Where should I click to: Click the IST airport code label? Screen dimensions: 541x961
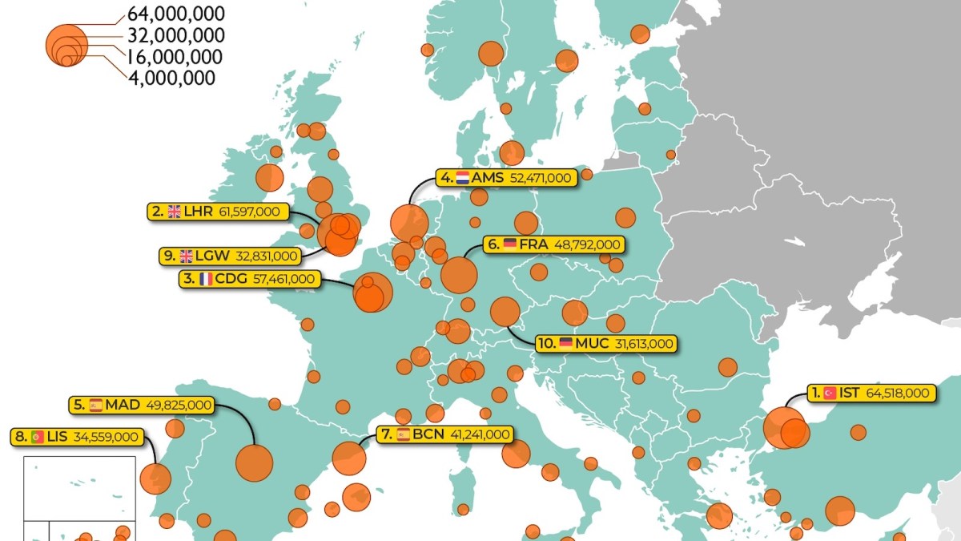850,393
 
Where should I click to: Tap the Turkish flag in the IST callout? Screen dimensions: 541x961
830,393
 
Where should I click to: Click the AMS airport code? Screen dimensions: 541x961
488,178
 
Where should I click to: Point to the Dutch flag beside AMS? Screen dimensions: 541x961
462,178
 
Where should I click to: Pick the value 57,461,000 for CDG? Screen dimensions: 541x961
286,279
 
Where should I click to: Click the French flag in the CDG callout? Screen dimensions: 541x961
206,279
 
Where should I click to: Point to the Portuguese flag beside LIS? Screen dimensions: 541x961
37,437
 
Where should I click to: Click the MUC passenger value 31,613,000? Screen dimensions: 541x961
645,344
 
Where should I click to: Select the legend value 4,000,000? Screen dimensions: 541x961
171,78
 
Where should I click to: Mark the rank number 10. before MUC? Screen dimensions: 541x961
547,344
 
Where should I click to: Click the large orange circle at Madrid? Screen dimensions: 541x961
255,462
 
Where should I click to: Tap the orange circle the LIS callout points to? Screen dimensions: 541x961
155,478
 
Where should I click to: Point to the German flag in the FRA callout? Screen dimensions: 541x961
509,244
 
